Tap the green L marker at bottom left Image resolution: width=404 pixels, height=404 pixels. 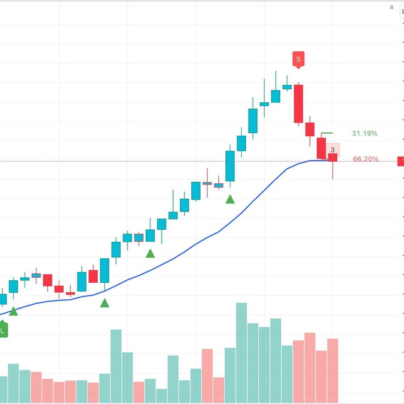tap(3, 329)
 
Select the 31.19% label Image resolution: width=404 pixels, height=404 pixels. tap(365, 133)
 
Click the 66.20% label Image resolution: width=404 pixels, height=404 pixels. tap(365, 159)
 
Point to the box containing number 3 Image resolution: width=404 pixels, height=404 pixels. tap(333, 150)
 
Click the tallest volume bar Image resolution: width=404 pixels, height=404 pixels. tap(241, 353)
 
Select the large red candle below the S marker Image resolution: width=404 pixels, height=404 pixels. tap(299, 104)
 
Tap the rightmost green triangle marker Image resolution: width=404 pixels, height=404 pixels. tap(230, 199)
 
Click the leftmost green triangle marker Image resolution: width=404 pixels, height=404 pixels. tap(13, 311)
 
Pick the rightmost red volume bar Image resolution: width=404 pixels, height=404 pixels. tap(333, 371)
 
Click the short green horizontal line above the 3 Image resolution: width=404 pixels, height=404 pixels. tap(327, 133)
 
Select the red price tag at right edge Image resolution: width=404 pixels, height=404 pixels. tap(401, 162)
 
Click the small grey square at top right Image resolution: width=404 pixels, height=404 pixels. tap(391, 8)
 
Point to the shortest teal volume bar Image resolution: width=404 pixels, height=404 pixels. tap(162, 396)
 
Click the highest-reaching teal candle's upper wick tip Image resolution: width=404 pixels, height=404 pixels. tap(276, 71)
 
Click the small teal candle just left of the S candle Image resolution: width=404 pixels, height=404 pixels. tap(287, 87)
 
